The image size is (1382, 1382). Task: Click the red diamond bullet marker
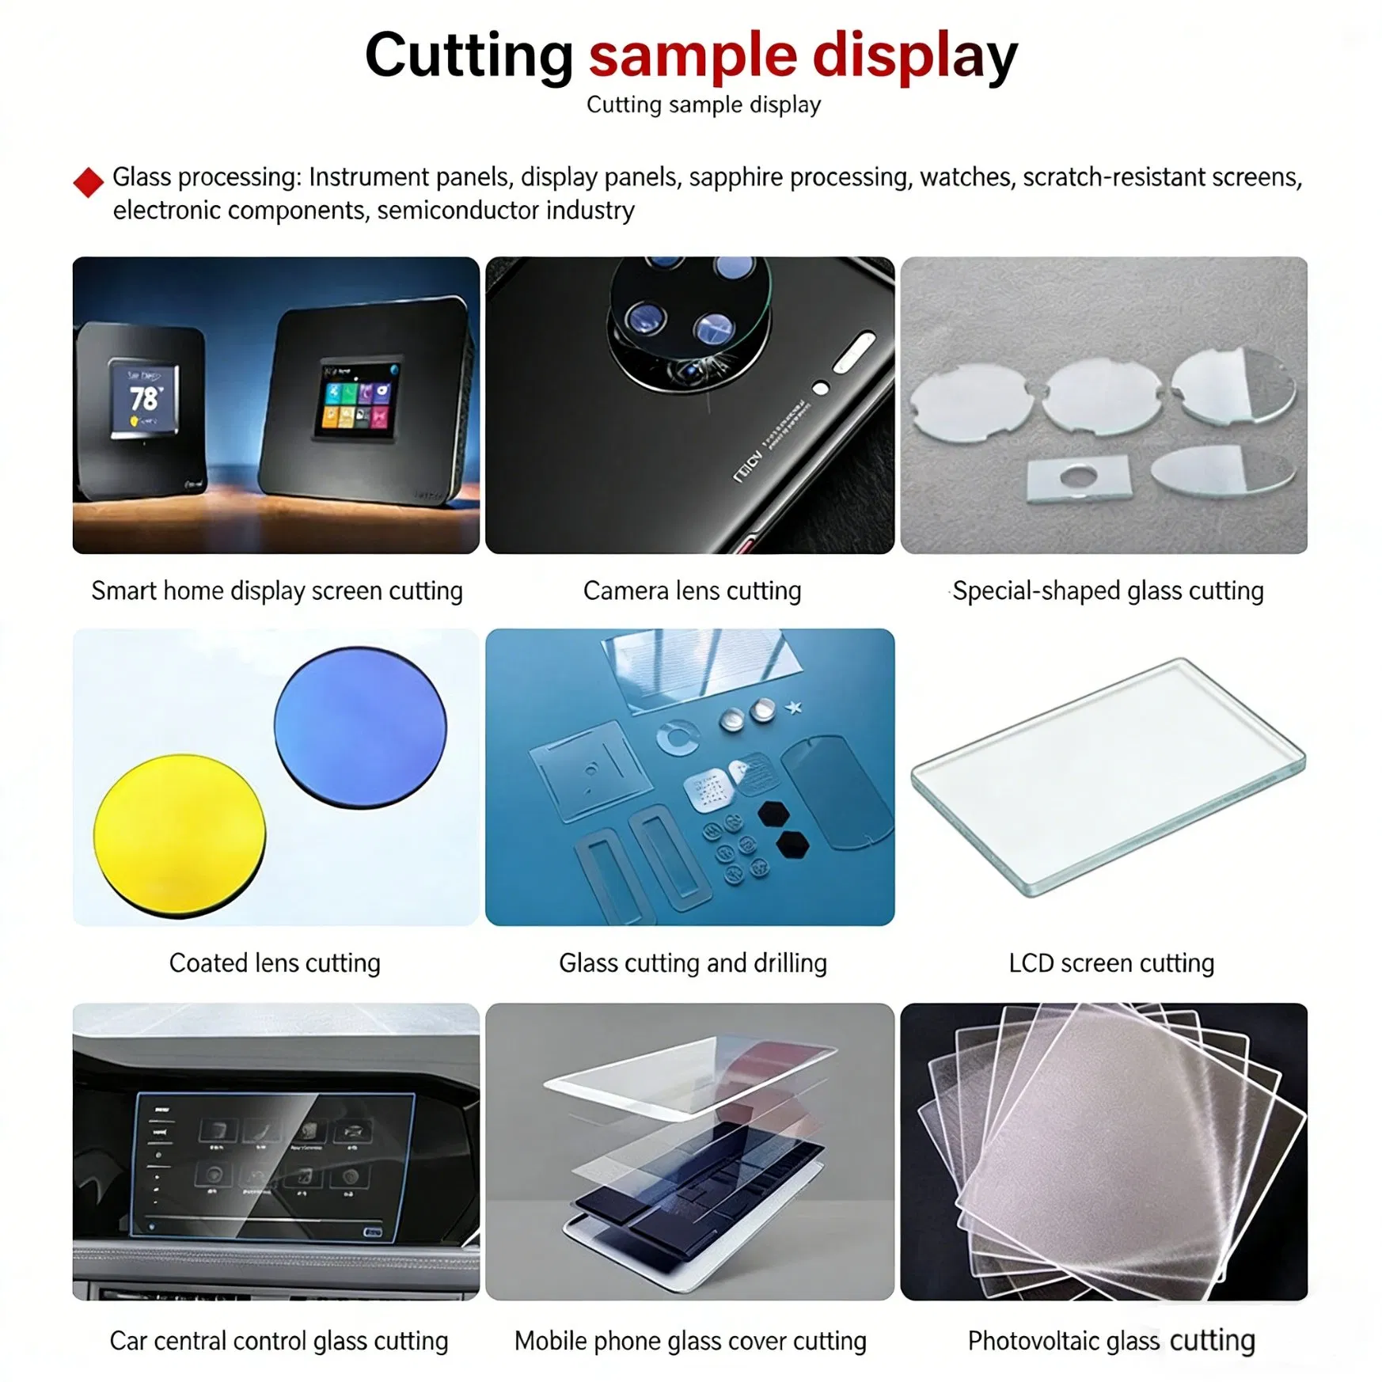coord(88,182)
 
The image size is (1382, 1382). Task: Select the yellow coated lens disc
coord(180,834)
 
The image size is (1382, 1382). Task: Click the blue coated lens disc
coord(360,727)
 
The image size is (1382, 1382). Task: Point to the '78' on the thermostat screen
coord(144,398)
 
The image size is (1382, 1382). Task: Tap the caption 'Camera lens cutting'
coord(692,590)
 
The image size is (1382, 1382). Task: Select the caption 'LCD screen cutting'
coord(1111,963)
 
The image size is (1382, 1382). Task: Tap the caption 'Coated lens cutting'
coord(275,963)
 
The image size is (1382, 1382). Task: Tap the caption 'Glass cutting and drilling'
coord(693,963)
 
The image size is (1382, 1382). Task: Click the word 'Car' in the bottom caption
coord(127,1341)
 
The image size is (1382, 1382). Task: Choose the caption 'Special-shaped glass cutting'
coord(1107,590)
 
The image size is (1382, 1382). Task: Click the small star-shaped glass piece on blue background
coord(794,707)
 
